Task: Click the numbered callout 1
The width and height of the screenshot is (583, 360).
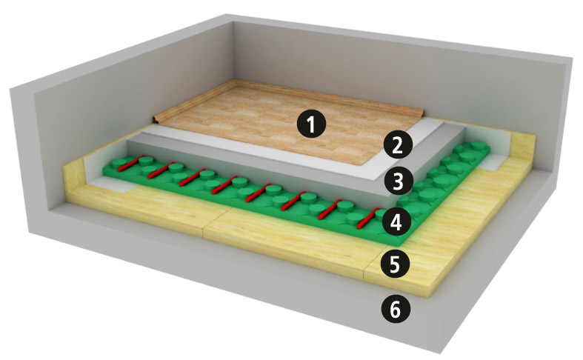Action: pos(311,124)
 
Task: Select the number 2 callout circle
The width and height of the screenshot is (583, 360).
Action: pos(398,145)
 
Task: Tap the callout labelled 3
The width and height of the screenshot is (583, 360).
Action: pos(399,181)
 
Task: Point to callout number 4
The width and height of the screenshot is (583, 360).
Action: pos(396,222)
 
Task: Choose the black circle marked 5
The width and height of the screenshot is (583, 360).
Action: pos(395,264)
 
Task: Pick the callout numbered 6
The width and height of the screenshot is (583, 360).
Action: pos(396,310)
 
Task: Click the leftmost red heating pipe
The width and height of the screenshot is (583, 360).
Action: pos(130,164)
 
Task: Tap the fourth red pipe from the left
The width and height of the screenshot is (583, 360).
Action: pos(224,185)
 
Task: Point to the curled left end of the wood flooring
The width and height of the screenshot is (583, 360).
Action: pos(157,119)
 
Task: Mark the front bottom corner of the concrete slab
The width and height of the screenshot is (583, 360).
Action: pos(441,352)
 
